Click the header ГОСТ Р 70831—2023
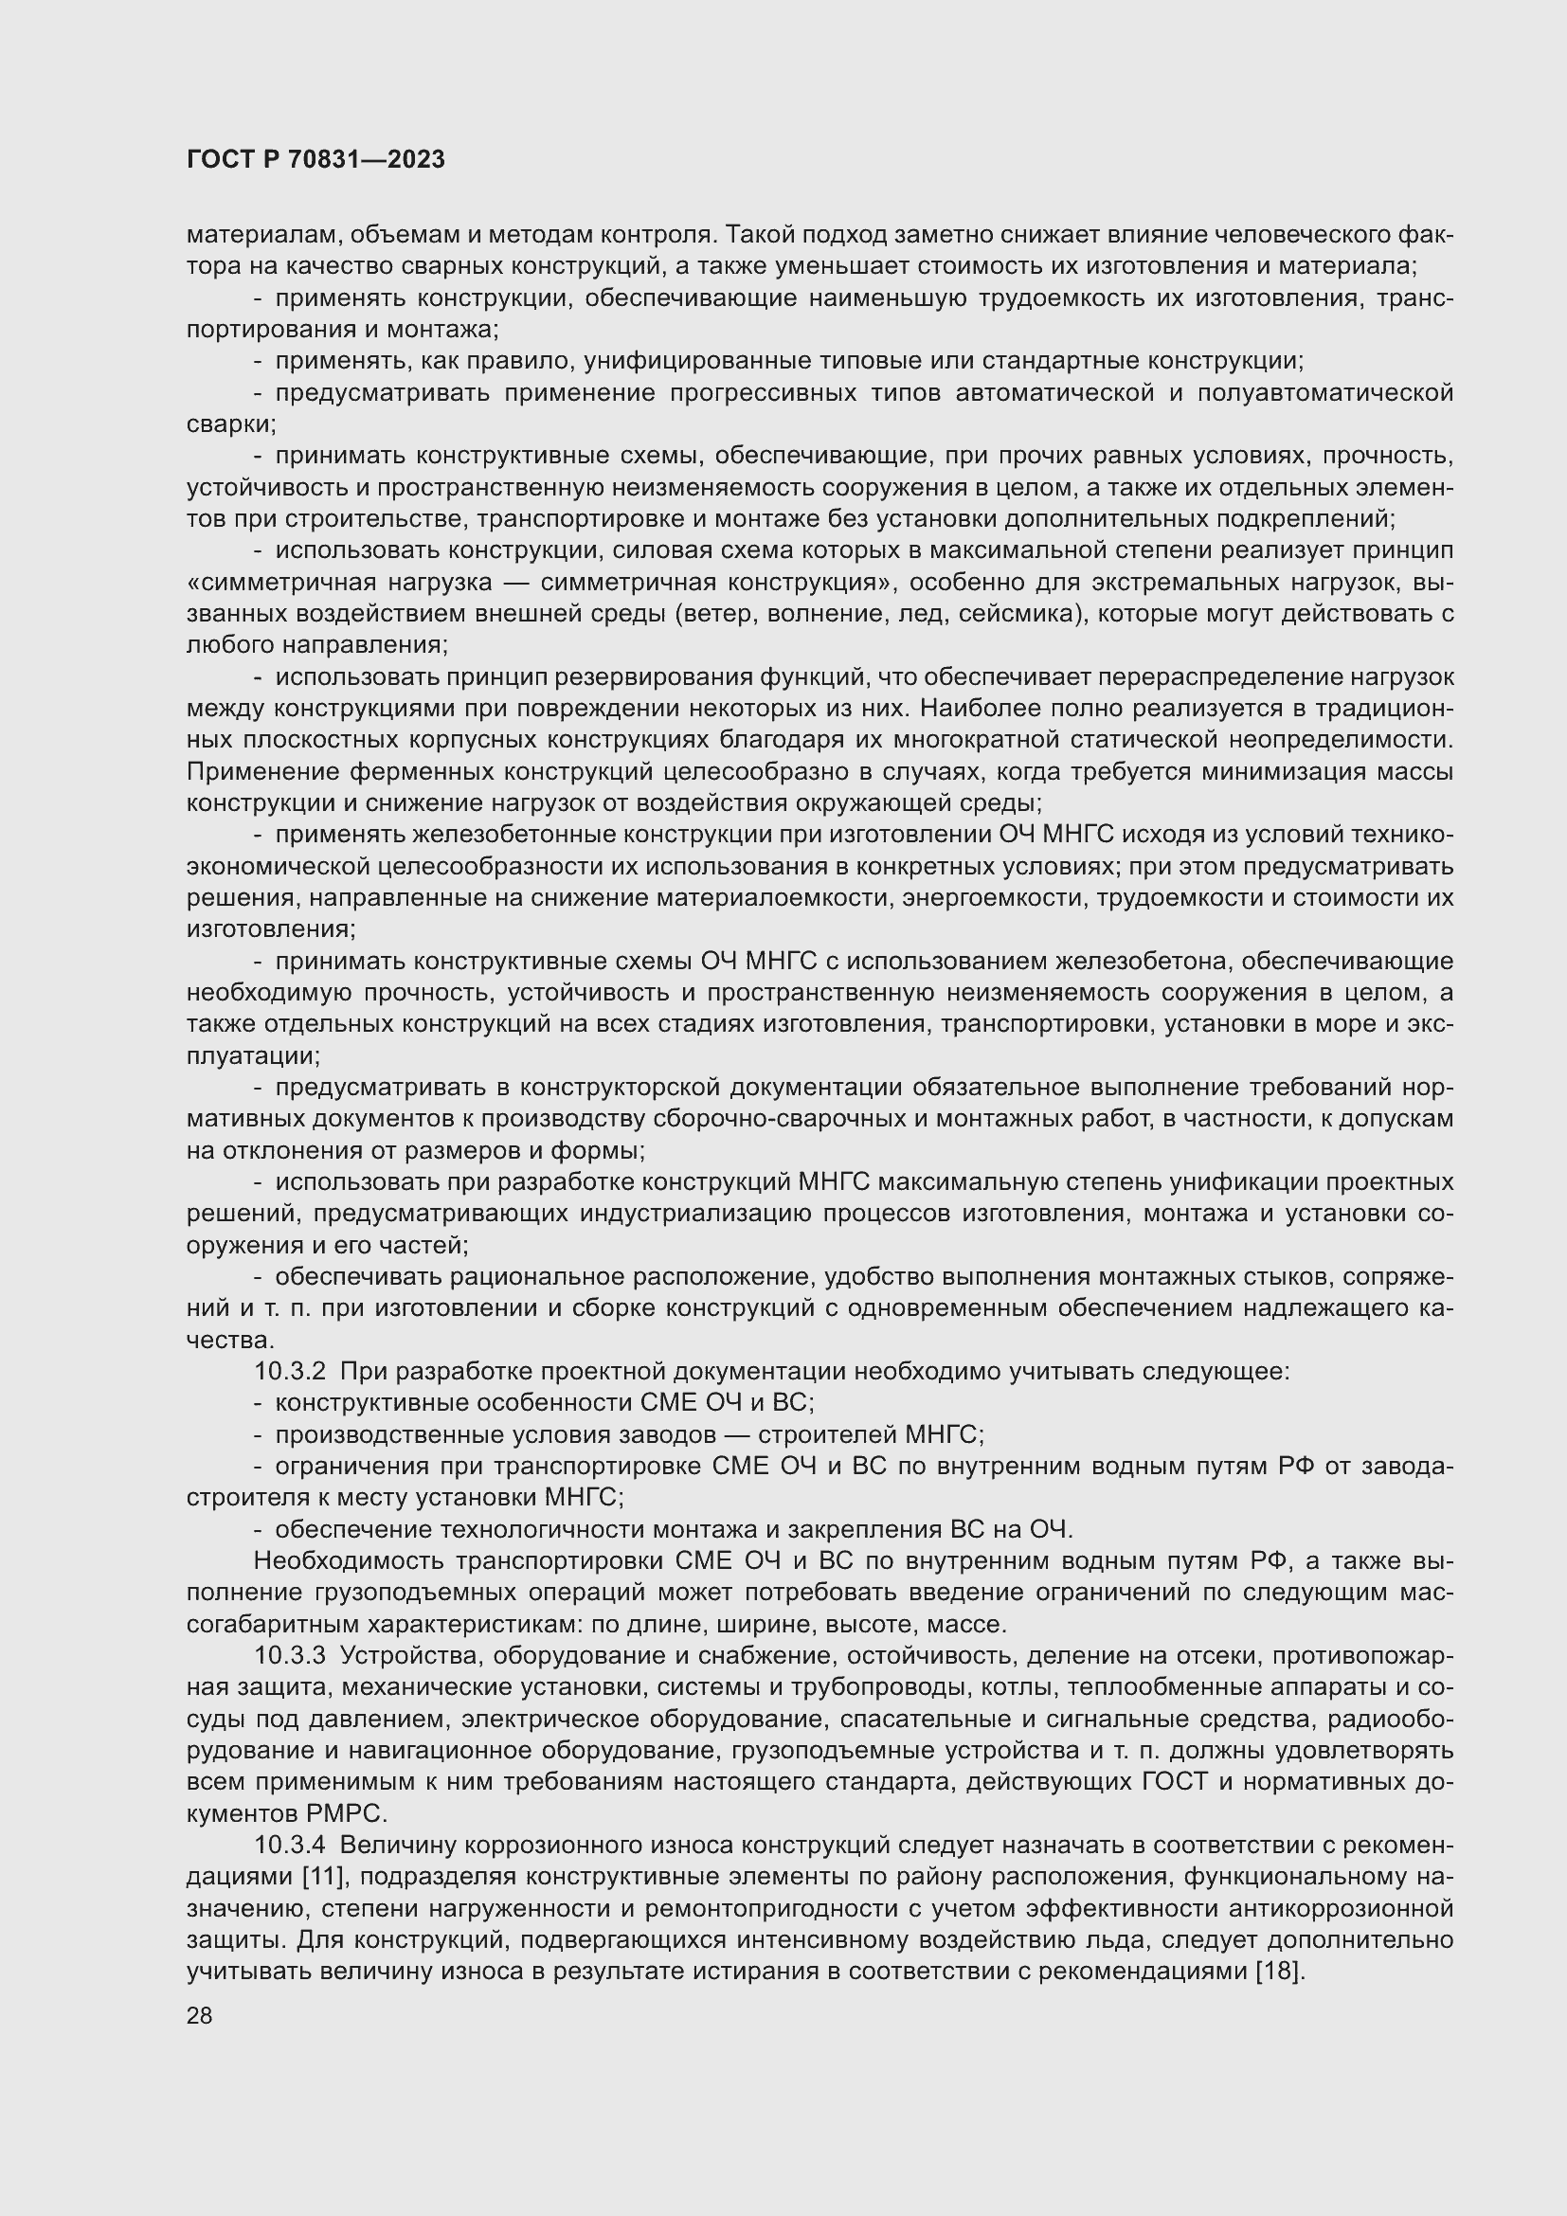pyautogui.click(x=315, y=159)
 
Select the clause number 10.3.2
pyautogui.click(x=290, y=1372)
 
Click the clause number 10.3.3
pyautogui.click(x=290, y=1656)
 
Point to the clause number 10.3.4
pyautogui.click(x=290, y=1846)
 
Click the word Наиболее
pyautogui.click(x=979, y=709)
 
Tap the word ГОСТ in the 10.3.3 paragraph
pyautogui.click(x=1174, y=1782)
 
